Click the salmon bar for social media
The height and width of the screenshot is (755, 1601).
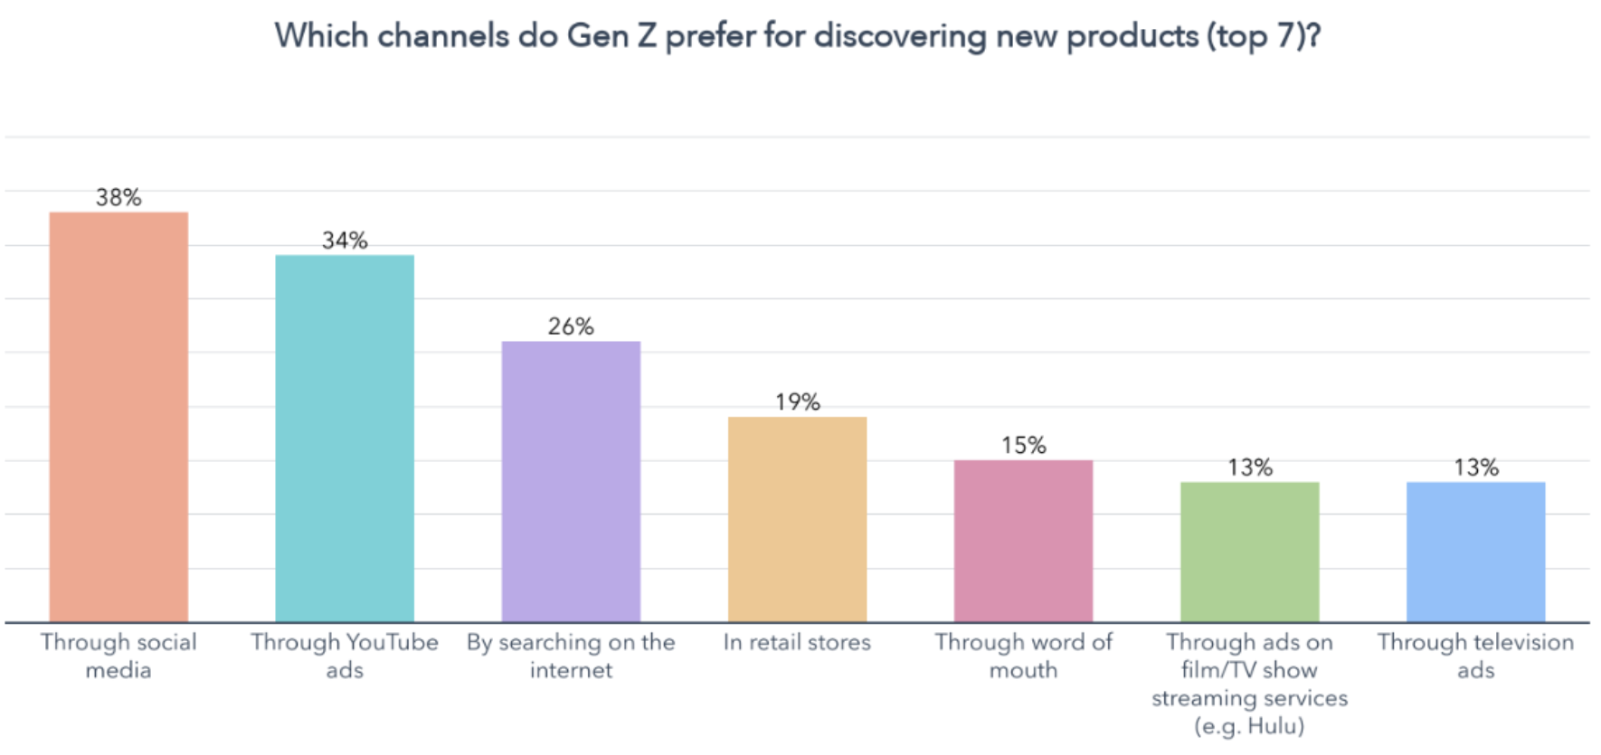[x=118, y=416]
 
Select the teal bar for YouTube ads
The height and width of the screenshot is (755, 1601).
[x=345, y=439]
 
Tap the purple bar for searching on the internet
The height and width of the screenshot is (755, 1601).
[x=571, y=481]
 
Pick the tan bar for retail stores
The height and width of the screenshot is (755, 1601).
[x=797, y=519]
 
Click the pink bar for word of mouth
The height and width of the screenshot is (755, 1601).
[x=1023, y=541]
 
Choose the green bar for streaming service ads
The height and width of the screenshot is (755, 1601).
[x=1249, y=552]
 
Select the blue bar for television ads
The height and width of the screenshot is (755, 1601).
[x=1475, y=552]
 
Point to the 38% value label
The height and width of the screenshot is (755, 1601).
[x=118, y=197]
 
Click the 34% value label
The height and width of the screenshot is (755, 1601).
[x=345, y=241]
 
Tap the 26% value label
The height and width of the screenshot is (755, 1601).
[x=571, y=326]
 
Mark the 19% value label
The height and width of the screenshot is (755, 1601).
[x=797, y=402]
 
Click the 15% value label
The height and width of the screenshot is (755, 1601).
[x=1023, y=445]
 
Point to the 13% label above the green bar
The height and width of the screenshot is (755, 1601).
[x=1249, y=467]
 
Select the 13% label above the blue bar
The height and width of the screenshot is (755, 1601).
[x=1475, y=467]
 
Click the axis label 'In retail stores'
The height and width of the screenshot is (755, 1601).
[x=797, y=643]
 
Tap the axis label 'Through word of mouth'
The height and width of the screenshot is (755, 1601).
[x=1023, y=656]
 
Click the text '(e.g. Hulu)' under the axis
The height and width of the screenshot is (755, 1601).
[x=1249, y=726]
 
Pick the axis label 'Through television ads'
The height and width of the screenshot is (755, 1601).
[x=1475, y=656]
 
